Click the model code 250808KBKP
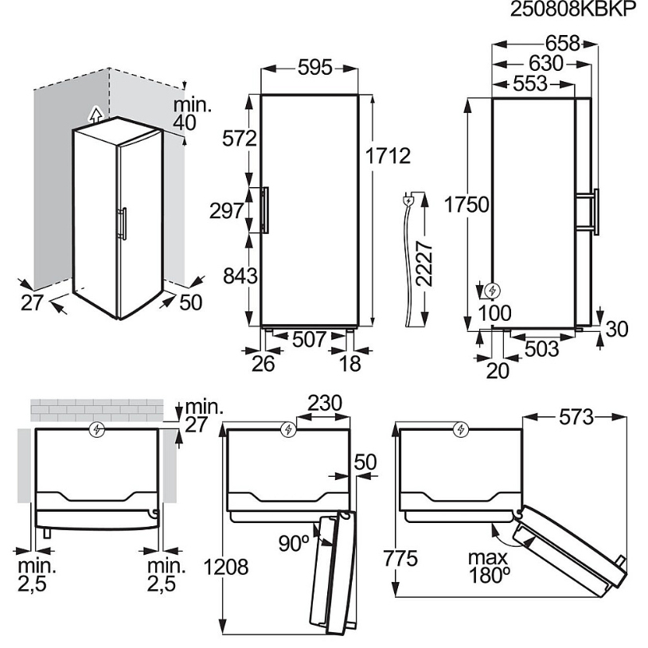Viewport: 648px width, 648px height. click(x=574, y=9)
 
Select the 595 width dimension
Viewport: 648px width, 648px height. click(x=315, y=68)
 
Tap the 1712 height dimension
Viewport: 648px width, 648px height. click(x=388, y=156)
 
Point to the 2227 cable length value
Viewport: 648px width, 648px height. click(x=424, y=263)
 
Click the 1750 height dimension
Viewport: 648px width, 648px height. click(x=466, y=205)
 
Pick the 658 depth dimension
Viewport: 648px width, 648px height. click(x=563, y=44)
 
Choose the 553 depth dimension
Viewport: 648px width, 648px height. click(x=530, y=84)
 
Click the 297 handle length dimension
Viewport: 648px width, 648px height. click(x=227, y=211)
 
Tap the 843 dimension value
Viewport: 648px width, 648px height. click(x=240, y=275)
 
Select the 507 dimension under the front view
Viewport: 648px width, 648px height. click(x=310, y=340)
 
